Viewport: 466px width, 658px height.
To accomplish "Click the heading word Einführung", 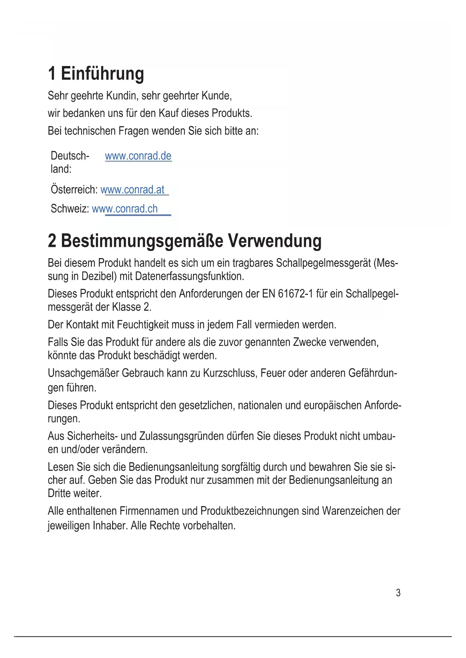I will click(102, 74).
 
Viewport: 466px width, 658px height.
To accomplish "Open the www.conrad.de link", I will click(138, 156).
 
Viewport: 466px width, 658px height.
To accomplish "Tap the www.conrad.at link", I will click(133, 190).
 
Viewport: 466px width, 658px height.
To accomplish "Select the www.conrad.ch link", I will click(125, 209).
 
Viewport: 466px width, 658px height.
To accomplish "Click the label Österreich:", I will click(74, 190).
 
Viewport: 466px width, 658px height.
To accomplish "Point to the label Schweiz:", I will click(70, 209).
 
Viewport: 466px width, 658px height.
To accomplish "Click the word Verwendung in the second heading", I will click(274, 241).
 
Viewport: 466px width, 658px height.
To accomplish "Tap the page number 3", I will click(398, 593).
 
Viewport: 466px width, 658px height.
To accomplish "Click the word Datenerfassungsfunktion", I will click(189, 276).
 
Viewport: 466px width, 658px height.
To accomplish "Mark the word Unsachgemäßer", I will click(83, 373).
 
